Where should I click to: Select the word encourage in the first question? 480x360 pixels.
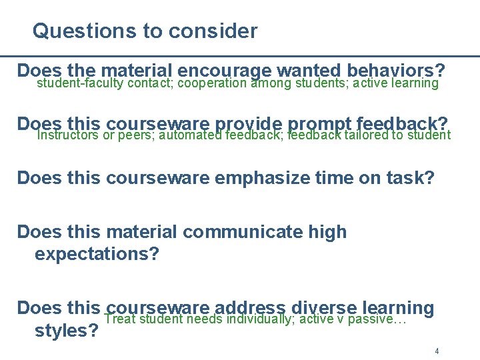(225, 71)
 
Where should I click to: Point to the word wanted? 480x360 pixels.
(308, 71)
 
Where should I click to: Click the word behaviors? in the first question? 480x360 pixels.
(396, 71)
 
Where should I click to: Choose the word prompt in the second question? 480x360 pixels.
(321, 125)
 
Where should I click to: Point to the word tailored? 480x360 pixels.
(367, 135)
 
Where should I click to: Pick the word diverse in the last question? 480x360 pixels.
(323, 308)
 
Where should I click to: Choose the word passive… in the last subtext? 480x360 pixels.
(382, 319)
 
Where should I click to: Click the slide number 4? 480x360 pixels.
(437, 351)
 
